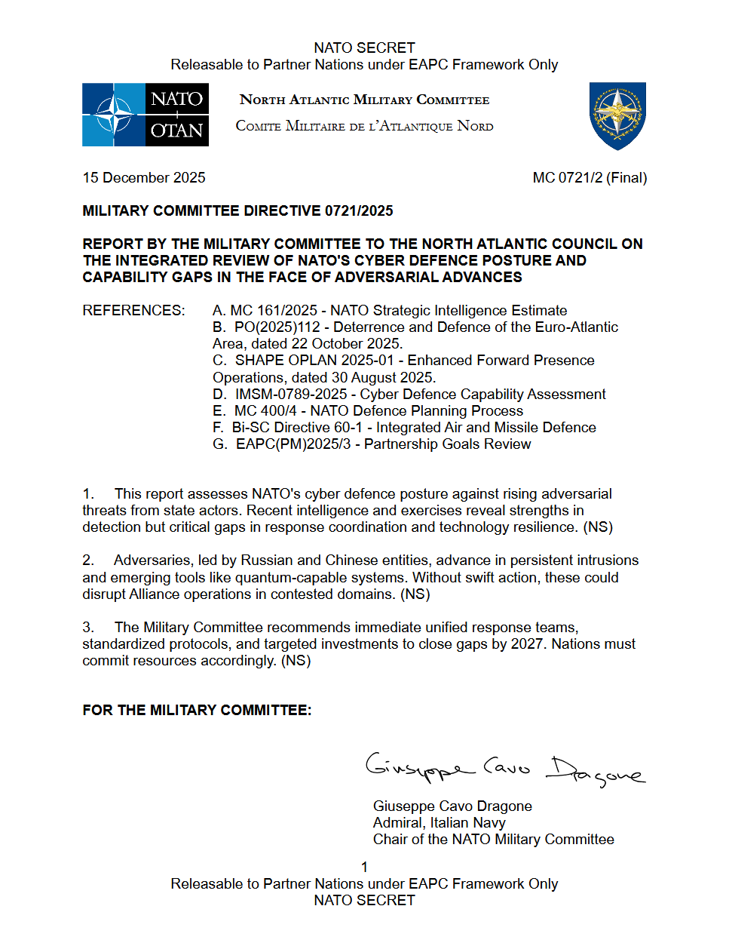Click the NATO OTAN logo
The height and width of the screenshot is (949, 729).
point(145,115)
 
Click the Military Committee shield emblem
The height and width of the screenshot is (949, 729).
point(617,115)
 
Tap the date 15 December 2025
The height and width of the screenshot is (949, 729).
point(144,178)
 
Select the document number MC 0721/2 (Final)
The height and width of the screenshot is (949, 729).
point(590,178)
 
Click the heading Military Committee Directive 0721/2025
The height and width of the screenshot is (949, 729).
point(237,211)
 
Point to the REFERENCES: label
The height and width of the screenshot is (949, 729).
point(133,311)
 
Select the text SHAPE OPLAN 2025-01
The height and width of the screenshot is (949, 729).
point(314,361)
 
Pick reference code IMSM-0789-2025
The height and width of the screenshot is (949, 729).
point(291,395)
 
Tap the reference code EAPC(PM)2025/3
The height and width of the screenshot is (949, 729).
point(293,444)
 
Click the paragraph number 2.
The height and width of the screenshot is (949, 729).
point(88,560)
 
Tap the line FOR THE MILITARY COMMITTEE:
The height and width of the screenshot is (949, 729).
point(197,711)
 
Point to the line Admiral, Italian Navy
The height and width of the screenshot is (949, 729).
point(439,823)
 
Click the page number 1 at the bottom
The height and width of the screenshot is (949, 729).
point(364,868)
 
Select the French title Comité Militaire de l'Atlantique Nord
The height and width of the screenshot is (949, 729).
point(364,127)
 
